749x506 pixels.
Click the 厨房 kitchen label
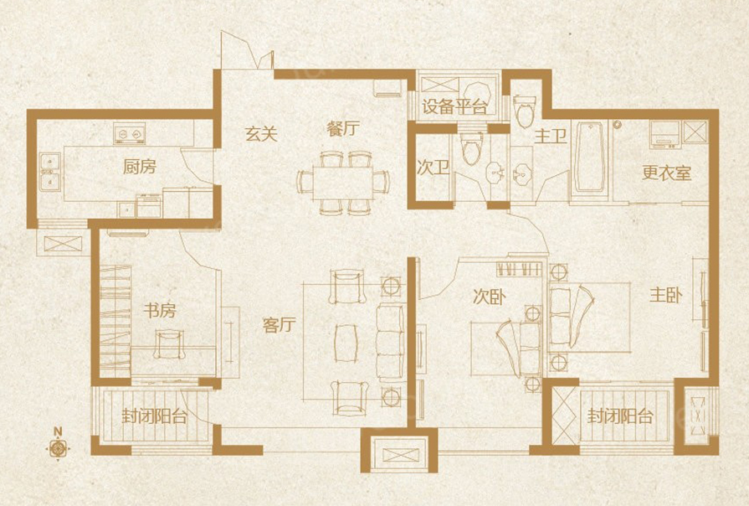(x=140, y=167)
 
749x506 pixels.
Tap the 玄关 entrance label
(x=261, y=133)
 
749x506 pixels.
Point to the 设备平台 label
(x=454, y=106)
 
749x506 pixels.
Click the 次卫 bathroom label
(x=433, y=168)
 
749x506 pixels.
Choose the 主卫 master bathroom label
(x=551, y=137)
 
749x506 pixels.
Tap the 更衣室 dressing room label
(x=667, y=173)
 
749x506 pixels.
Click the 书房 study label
(x=160, y=311)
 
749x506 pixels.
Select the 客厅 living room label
(x=280, y=325)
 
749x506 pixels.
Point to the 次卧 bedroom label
(x=490, y=297)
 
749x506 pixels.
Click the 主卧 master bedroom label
(x=666, y=295)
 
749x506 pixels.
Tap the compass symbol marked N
(x=58, y=448)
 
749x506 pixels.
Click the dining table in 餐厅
(x=343, y=183)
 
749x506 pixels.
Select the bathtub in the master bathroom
(x=589, y=157)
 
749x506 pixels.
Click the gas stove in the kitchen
(x=129, y=133)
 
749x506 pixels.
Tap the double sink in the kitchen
(x=49, y=173)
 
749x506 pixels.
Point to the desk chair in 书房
(x=168, y=344)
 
